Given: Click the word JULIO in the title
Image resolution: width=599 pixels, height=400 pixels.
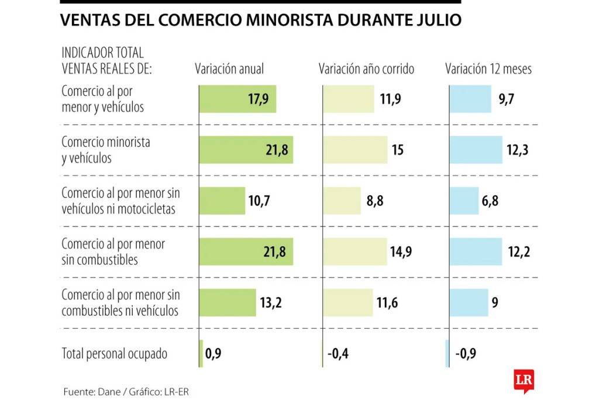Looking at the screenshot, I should tap(439, 20).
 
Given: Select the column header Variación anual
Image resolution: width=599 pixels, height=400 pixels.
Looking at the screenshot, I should tap(229, 69).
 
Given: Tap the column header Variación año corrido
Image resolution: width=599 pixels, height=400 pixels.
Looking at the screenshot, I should tap(366, 69).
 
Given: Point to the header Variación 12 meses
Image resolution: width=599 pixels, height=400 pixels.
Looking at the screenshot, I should tap(488, 69).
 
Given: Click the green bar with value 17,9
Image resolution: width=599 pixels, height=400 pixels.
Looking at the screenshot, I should tap(237, 99).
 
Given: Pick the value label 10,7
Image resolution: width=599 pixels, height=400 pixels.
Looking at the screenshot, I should tap(260, 201).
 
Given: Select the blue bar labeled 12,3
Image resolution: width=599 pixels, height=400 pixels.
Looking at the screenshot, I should tap(476, 150).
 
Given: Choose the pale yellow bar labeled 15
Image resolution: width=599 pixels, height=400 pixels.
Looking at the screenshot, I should tap(355, 150).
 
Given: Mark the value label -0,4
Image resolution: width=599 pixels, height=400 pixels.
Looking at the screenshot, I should tap(338, 354).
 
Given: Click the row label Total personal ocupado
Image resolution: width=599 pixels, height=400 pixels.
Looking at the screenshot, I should tap(115, 354).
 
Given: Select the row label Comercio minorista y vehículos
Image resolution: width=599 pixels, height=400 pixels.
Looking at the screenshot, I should tap(106, 150).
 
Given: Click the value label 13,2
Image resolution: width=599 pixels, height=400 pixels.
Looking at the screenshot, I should tap(271, 303).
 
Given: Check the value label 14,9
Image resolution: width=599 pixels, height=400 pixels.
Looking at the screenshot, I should tap(401, 252).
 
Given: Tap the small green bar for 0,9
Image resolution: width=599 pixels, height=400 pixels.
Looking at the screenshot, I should tap(201, 354).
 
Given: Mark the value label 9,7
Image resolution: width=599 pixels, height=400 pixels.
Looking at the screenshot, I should tap(507, 99).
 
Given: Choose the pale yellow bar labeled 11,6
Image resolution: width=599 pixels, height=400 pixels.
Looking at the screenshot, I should tap(348, 303).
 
